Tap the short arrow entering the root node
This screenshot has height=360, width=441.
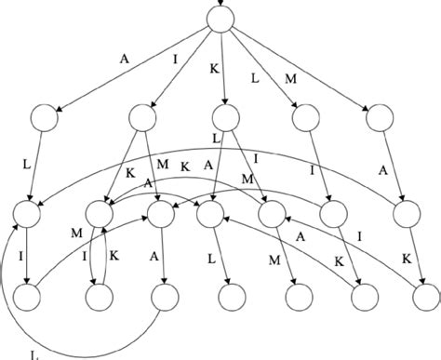coord(221,4)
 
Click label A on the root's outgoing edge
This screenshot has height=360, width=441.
coord(126,58)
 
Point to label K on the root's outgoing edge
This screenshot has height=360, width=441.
coord(214,70)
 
